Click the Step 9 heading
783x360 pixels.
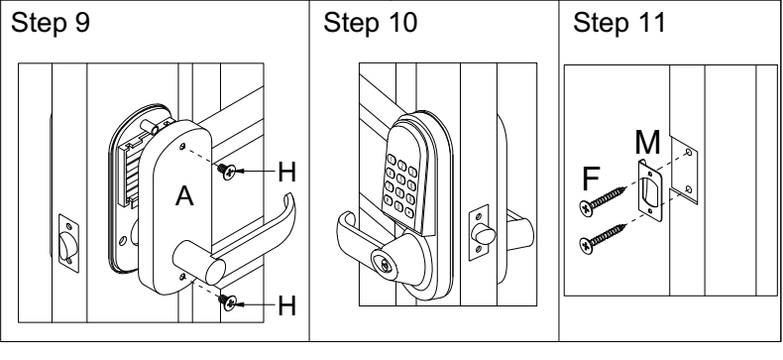(x=51, y=23)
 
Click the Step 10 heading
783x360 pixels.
(x=370, y=23)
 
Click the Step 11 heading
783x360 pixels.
(x=619, y=23)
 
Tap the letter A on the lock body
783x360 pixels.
(x=184, y=196)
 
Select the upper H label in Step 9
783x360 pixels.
(x=286, y=172)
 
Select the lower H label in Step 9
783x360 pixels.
(x=286, y=305)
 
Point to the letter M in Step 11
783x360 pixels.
(x=647, y=143)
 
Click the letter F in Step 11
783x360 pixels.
(x=591, y=179)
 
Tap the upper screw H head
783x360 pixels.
(x=228, y=172)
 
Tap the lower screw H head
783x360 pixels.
(x=229, y=302)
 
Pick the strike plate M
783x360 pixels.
(x=650, y=190)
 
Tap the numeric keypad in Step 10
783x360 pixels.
(x=401, y=184)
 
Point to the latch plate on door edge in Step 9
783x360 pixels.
(x=68, y=244)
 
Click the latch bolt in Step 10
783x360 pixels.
(x=484, y=233)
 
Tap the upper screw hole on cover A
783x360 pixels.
(x=182, y=147)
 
